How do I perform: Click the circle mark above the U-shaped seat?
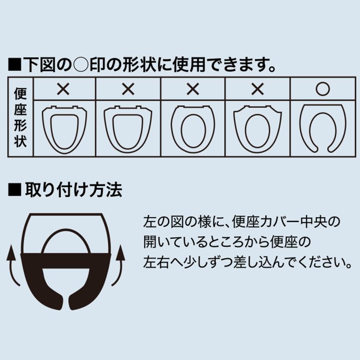point(322,89)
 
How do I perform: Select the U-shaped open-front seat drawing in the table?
point(322,128)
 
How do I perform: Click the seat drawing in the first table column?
point(64,128)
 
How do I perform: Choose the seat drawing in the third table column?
point(192,128)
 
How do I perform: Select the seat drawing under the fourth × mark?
point(257,128)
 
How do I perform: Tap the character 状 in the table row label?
point(20,142)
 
